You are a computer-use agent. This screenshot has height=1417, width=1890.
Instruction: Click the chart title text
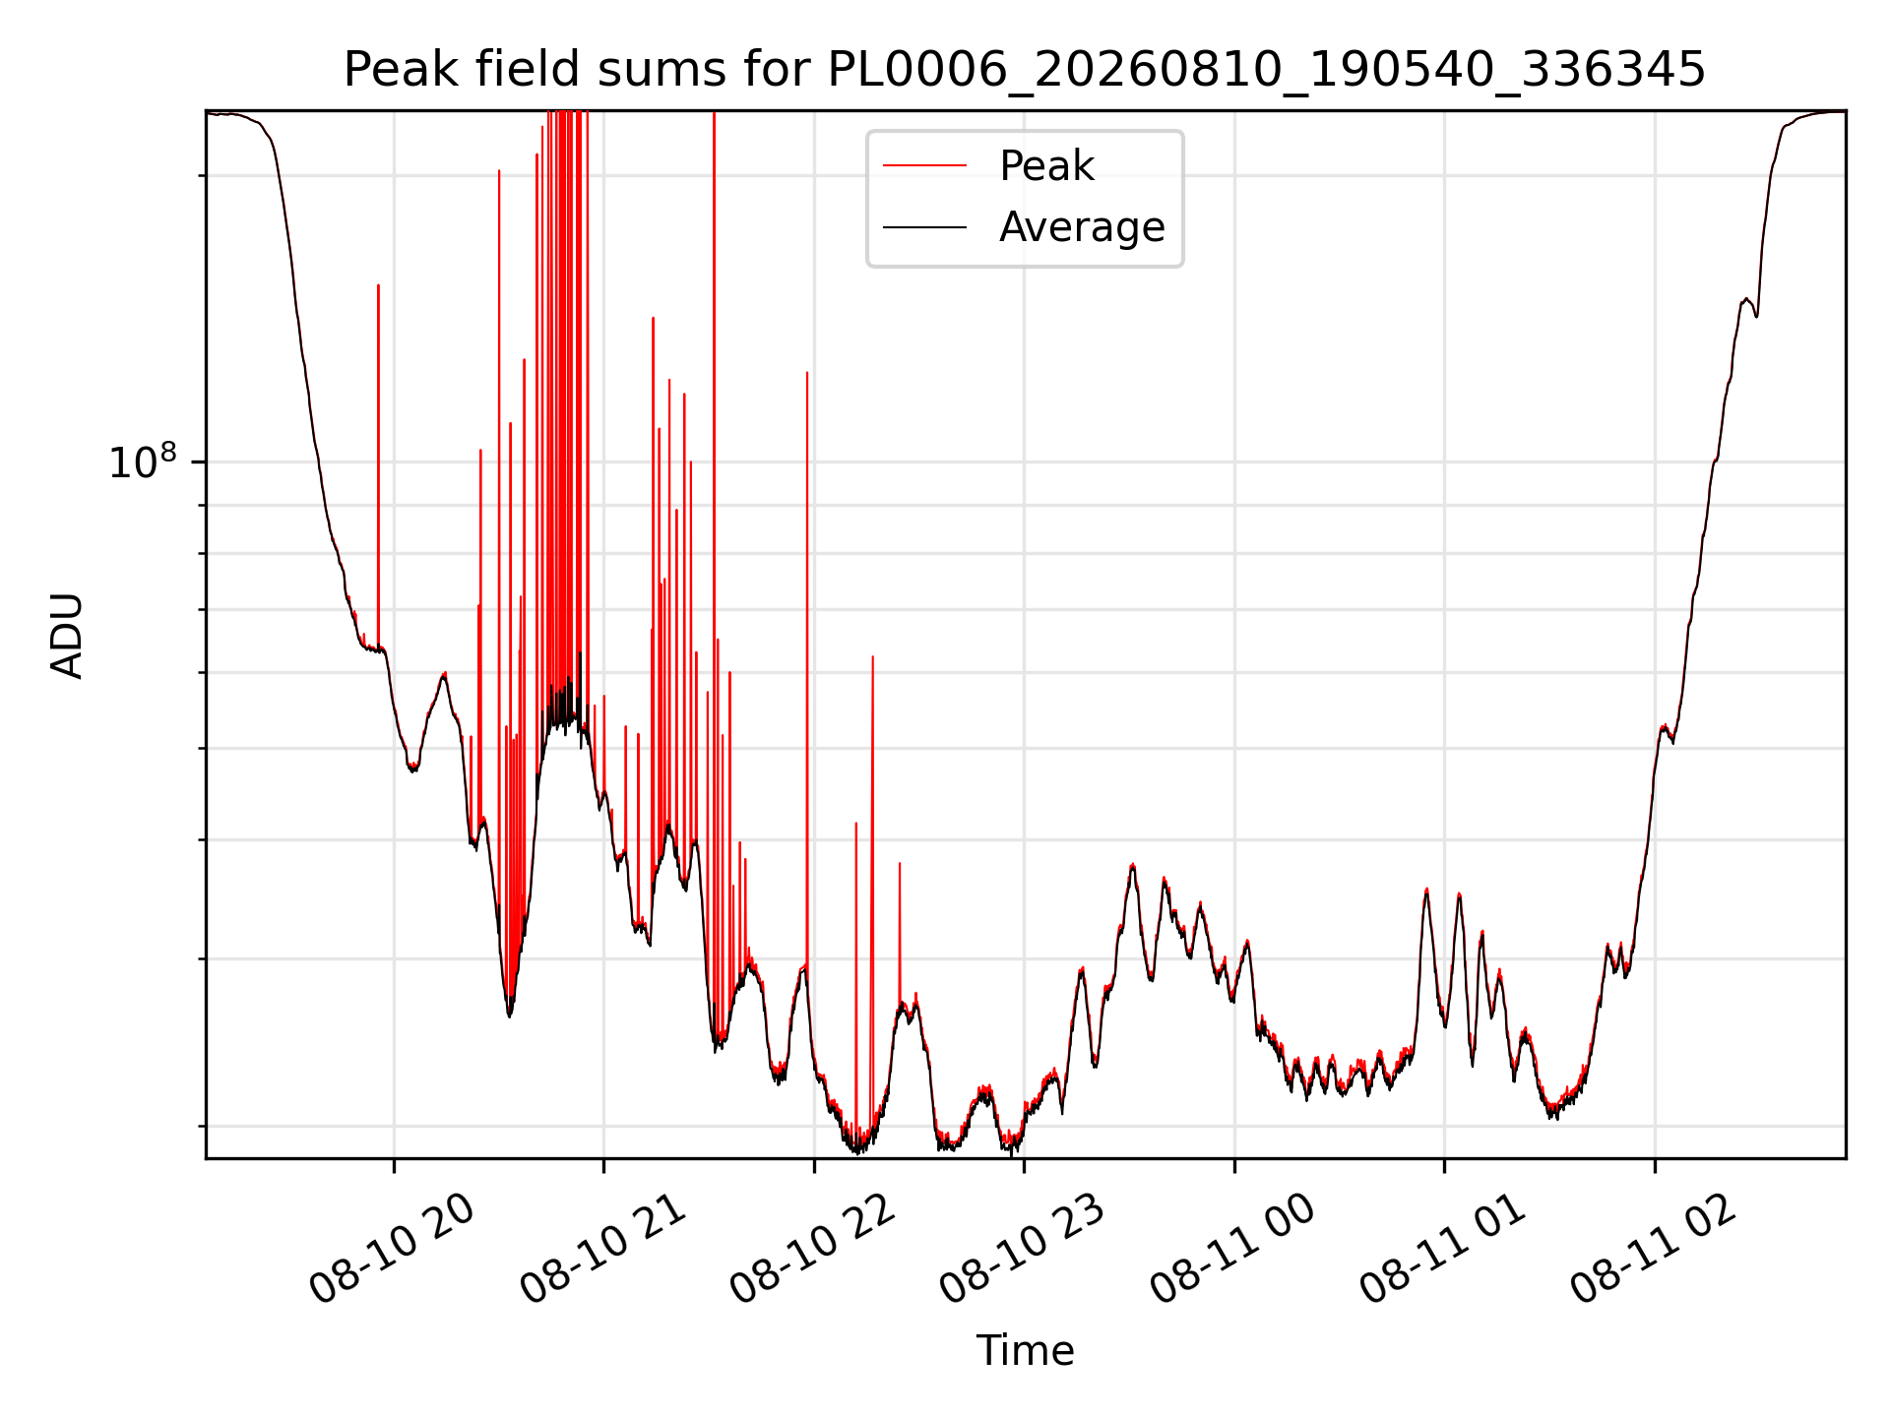coord(1024,70)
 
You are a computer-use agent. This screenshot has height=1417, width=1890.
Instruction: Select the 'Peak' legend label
coord(1046,166)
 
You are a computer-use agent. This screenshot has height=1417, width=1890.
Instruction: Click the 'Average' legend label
coord(1082,227)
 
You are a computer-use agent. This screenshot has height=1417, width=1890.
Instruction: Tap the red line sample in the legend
coord(924,166)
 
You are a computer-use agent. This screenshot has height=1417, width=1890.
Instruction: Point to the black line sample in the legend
coord(924,227)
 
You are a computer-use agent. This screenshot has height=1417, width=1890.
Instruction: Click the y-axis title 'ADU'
coord(67,635)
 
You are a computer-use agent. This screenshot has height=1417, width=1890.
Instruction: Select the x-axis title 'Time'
coord(1025,1350)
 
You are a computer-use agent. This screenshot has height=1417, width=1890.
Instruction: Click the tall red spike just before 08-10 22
coord(807,669)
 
